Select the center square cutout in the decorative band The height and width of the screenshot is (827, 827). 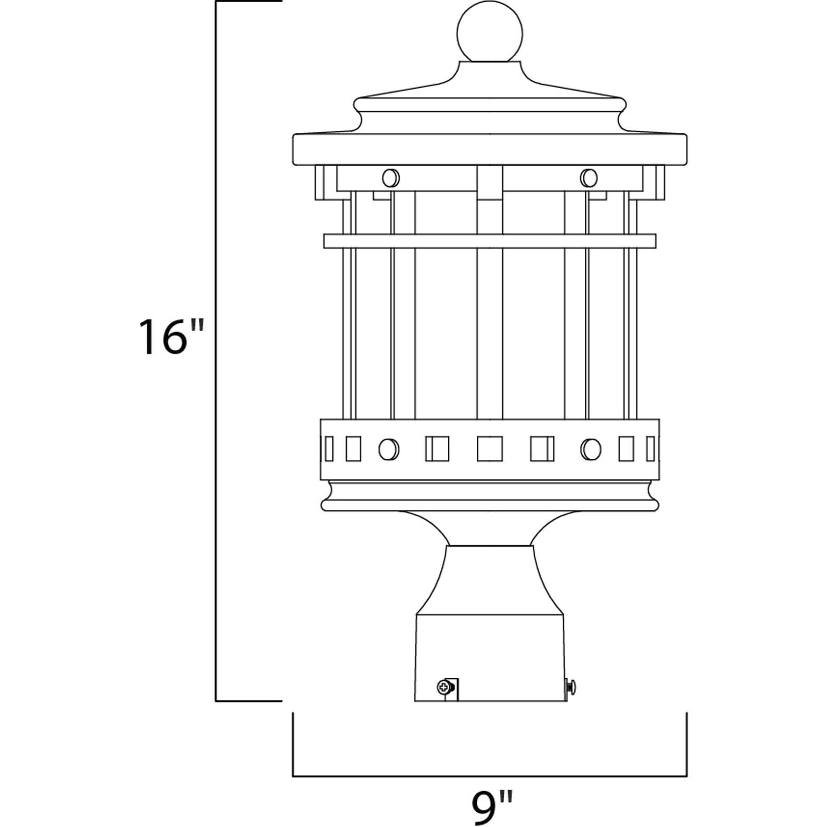489,449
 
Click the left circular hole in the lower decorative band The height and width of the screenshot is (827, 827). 389,449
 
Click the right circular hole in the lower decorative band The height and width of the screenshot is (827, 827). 591,449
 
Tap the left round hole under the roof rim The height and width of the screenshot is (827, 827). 391,178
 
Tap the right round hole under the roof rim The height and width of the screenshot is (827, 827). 589,178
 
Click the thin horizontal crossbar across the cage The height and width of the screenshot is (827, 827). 489,241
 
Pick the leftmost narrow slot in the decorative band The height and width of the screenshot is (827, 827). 329,449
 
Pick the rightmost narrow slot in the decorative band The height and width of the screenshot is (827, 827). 650,449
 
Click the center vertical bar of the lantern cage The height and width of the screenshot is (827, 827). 489,327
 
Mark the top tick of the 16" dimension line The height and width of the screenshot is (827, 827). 248,2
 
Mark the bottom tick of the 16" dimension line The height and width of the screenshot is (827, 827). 248,701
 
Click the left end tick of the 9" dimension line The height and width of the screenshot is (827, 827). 293,744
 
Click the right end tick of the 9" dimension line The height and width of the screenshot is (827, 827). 686,744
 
